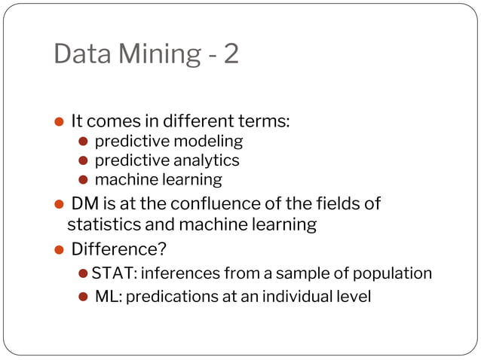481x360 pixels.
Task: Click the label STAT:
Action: [113, 273]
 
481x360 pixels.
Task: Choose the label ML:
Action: [109, 297]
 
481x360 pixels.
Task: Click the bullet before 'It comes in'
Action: [60, 121]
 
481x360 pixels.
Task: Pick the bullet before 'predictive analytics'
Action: [84, 160]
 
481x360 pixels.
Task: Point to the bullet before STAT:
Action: [84, 273]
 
